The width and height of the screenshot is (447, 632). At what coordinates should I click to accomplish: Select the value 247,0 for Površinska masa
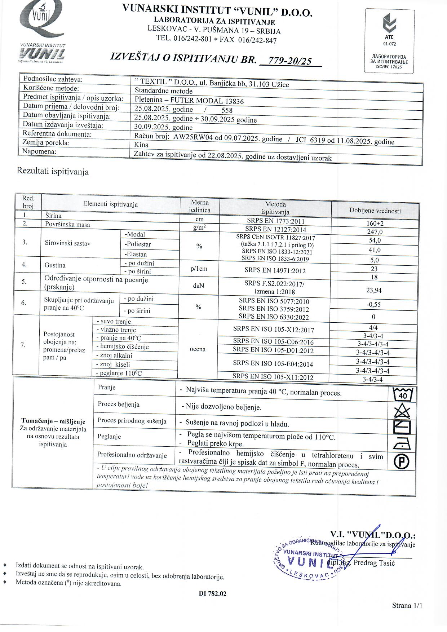(x=375, y=232)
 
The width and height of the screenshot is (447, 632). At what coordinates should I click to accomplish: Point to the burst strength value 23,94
(x=374, y=290)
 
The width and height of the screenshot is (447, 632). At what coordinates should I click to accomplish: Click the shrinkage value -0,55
(x=373, y=305)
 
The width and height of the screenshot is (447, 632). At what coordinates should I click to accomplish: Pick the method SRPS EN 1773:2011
(x=275, y=221)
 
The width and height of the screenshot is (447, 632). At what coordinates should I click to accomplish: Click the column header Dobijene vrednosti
(x=375, y=211)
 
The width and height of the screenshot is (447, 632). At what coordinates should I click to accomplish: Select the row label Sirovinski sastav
(x=67, y=243)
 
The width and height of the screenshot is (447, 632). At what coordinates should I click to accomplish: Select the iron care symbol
(x=402, y=443)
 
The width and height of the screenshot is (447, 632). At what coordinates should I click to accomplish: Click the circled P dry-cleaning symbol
(x=402, y=461)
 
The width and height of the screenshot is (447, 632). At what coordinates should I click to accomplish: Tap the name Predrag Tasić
(x=374, y=563)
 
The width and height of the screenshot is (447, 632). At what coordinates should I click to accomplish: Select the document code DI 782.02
(x=213, y=593)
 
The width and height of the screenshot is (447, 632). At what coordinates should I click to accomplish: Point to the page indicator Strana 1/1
(x=407, y=605)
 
